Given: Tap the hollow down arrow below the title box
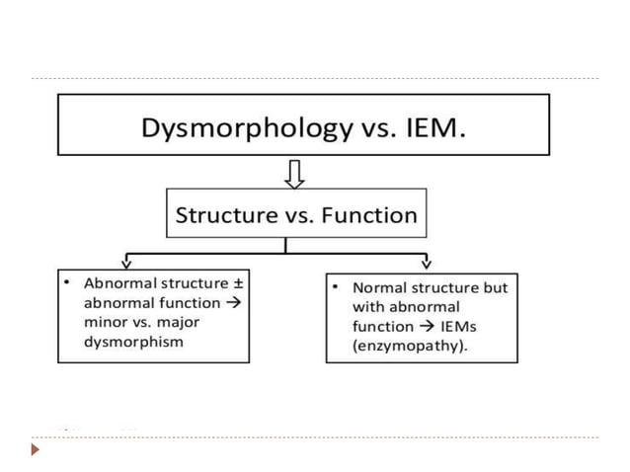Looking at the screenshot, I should pyautogui.click(x=293, y=174).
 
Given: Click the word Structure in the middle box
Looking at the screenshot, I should pyautogui.click(x=224, y=214).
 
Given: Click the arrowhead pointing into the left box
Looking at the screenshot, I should pyautogui.click(x=125, y=262).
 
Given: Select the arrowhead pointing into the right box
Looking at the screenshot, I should pyautogui.click(x=426, y=262).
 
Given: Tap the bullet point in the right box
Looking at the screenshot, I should pyautogui.click(x=336, y=287).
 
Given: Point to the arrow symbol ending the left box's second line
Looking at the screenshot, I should pyautogui.click(x=233, y=303).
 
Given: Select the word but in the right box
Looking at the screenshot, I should pyautogui.click(x=495, y=288).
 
